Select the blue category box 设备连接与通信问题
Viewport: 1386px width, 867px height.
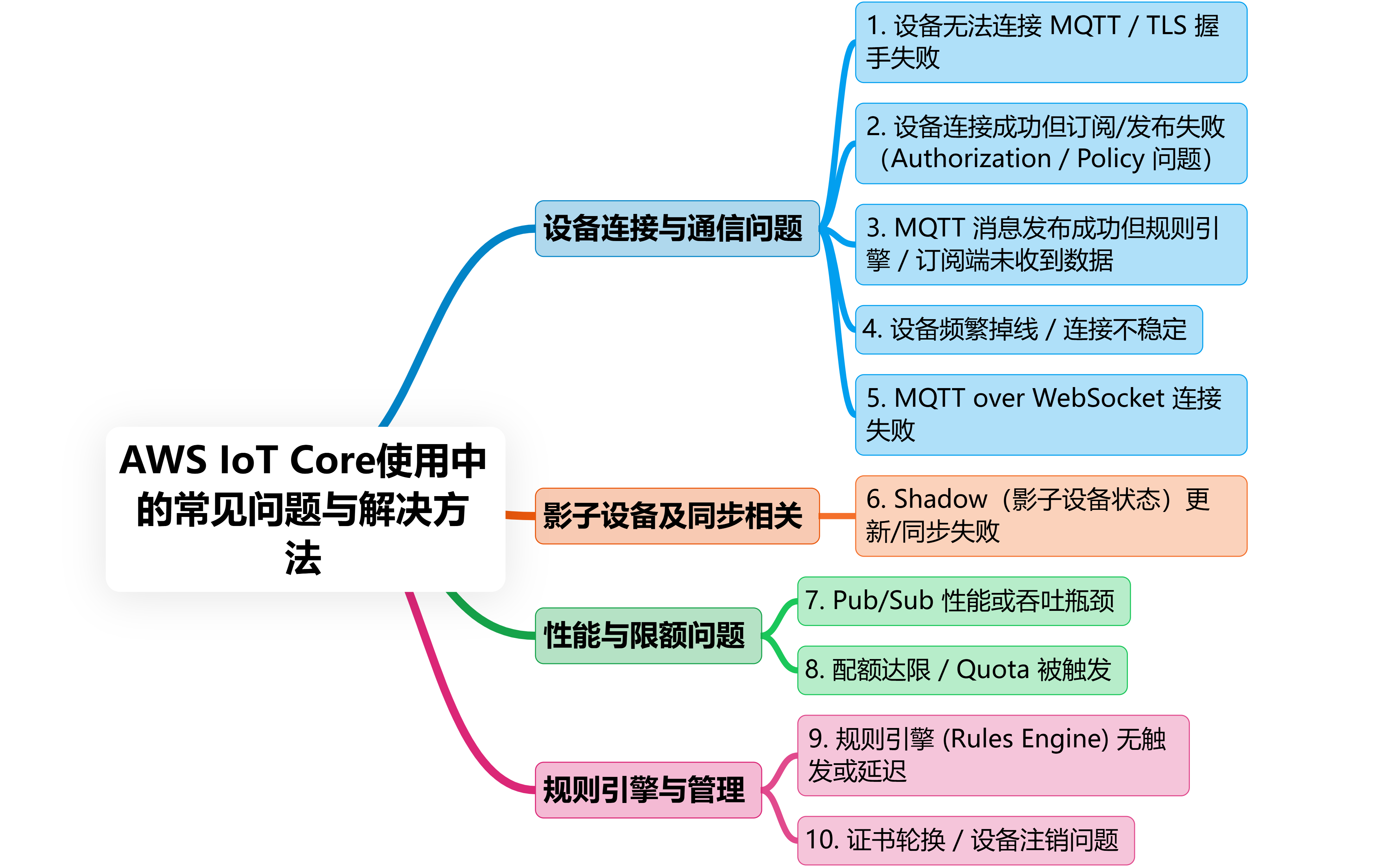click(677, 228)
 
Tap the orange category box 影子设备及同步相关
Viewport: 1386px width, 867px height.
click(677, 515)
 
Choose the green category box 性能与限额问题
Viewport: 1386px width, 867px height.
click(648, 635)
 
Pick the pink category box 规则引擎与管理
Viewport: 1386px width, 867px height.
click(648, 790)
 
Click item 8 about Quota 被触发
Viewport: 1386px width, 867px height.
click(962, 670)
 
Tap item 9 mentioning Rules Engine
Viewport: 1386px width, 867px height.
click(992, 755)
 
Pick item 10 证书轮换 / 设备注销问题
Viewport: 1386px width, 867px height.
click(966, 840)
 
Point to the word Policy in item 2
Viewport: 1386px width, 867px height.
click(1110, 159)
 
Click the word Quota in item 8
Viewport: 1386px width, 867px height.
click(992, 670)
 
